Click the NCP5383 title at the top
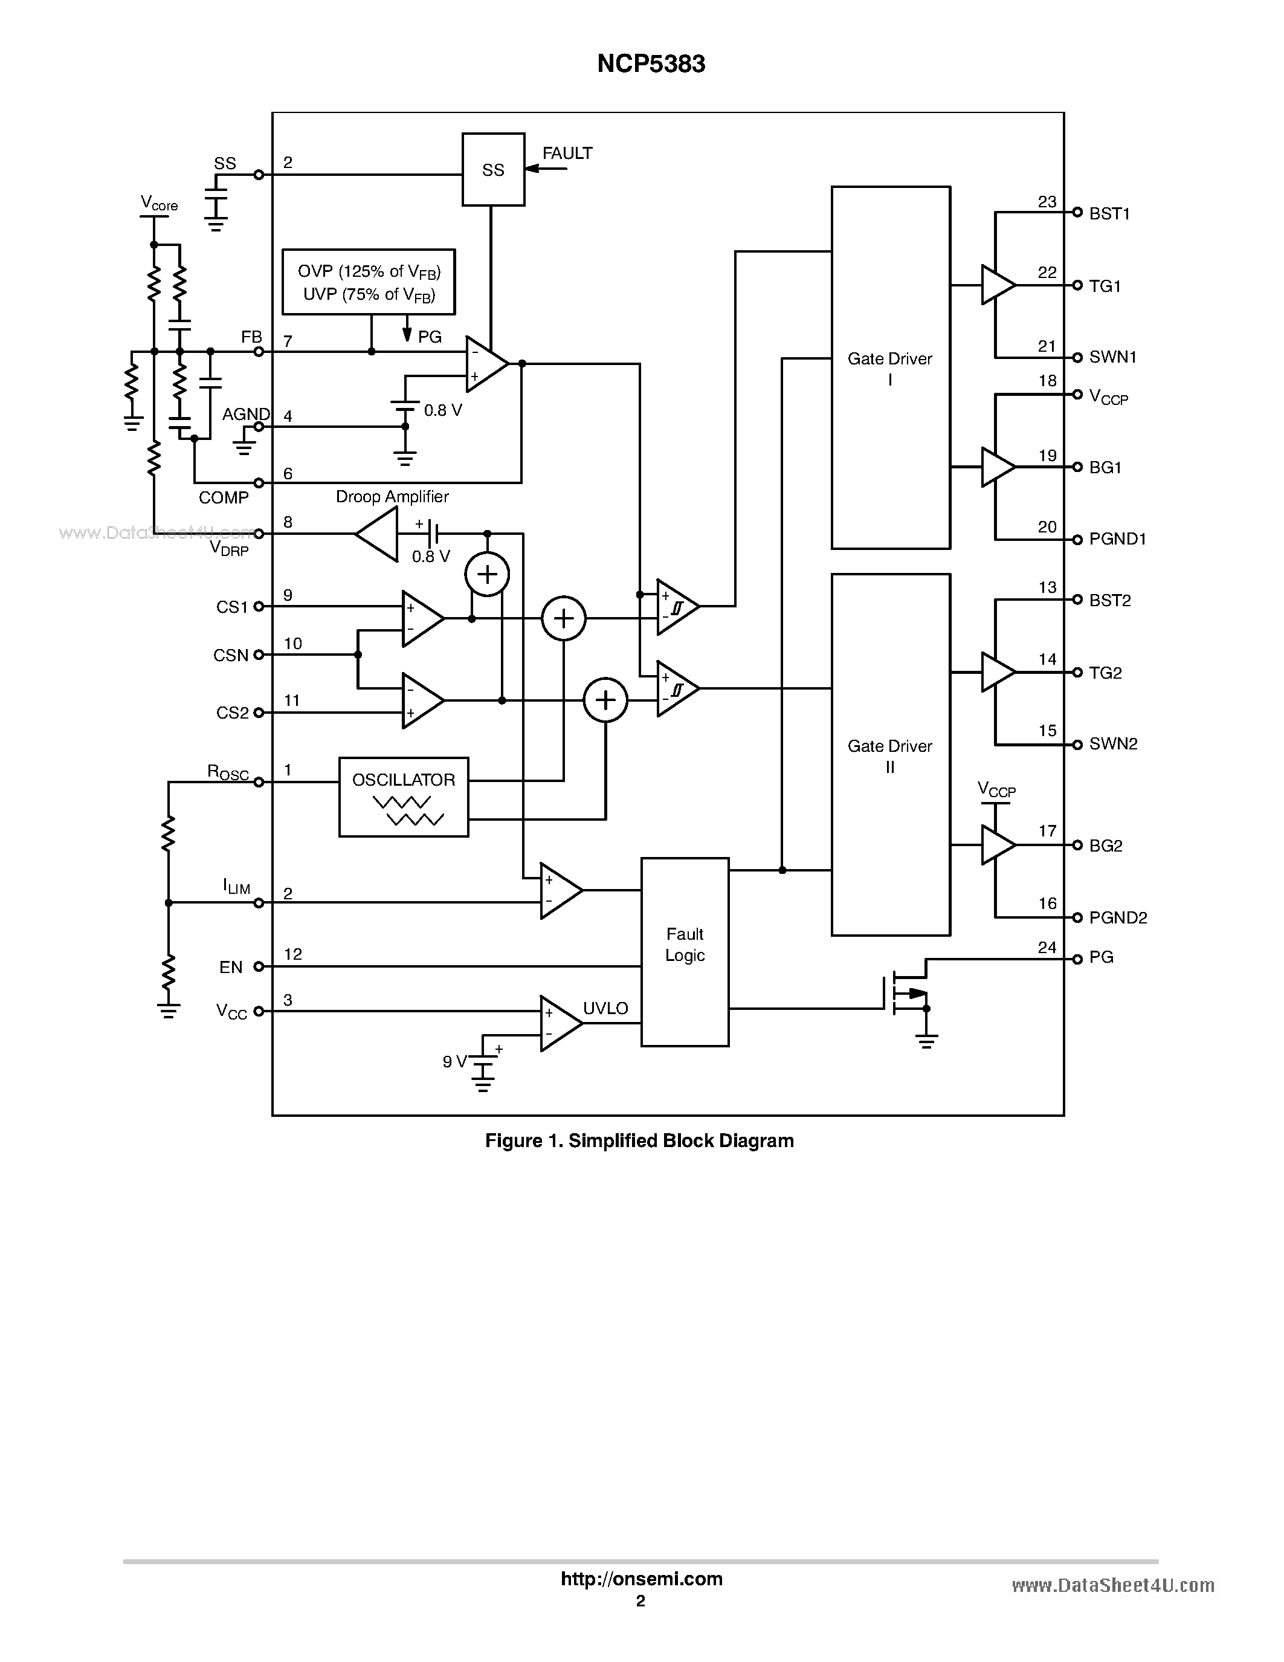click(651, 64)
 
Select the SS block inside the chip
click(493, 170)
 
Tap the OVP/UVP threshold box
click(368, 282)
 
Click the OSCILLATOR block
click(403, 797)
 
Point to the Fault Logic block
click(685, 951)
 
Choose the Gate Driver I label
click(890, 368)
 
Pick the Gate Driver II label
click(890, 755)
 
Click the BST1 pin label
click(1109, 214)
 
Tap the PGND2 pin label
click(1117, 918)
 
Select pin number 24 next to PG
click(1047, 948)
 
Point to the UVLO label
click(605, 1008)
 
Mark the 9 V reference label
click(454, 1062)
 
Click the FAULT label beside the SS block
click(567, 154)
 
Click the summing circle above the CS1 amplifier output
click(487, 575)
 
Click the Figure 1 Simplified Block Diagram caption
click(639, 1140)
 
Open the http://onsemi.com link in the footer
click(641, 1579)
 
